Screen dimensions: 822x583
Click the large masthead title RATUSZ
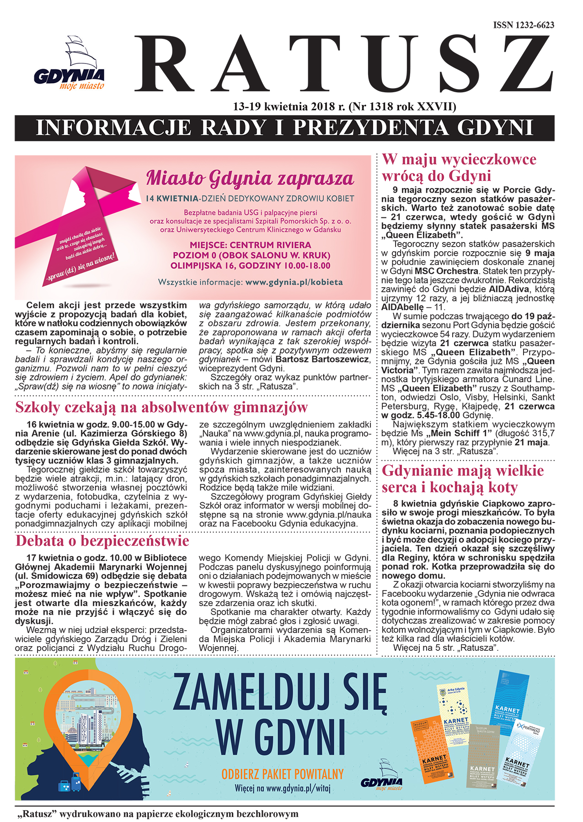[x=343, y=64]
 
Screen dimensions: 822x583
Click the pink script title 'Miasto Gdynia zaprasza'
[x=250, y=178]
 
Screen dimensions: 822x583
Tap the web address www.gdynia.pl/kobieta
[x=294, y=282]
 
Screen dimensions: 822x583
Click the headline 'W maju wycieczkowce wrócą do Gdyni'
[x=459, y=167]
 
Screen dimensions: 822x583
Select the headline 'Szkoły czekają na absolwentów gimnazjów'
[x=161, y=407]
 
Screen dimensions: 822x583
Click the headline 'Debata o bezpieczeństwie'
[x=102, y=541]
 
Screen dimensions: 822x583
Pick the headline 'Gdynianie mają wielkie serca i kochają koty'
[x=463, y=479]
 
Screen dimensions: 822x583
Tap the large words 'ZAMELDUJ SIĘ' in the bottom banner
[x=280, y=693]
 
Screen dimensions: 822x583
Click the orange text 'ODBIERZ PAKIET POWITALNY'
[x=282, y=775]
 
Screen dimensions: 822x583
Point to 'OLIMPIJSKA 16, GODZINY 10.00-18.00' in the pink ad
[x=250, y=266]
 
